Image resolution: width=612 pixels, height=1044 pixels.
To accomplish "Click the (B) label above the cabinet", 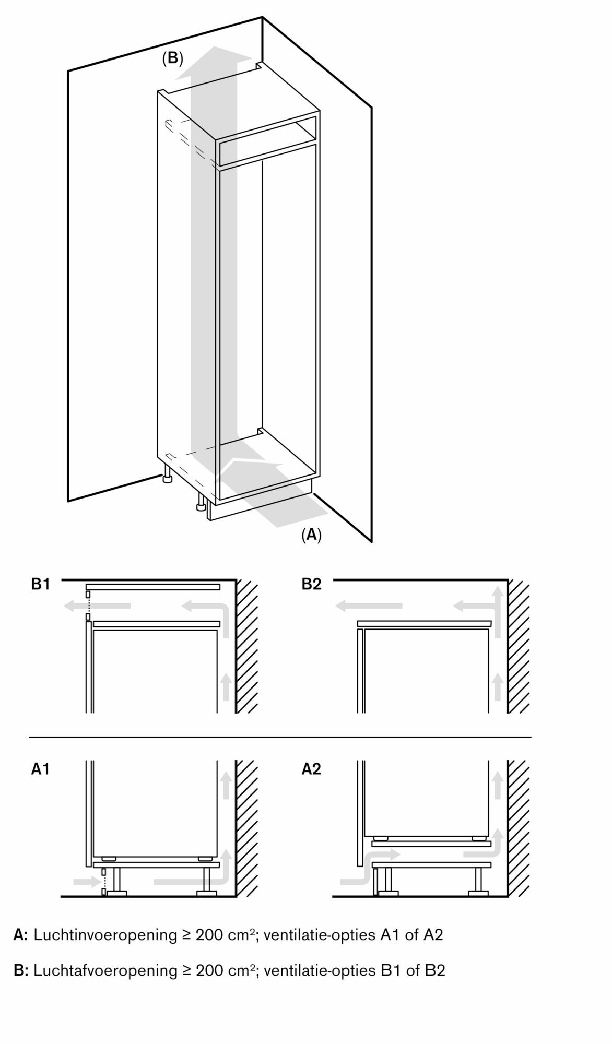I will click(172, 58).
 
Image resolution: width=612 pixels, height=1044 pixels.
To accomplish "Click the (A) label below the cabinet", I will click(311, 535).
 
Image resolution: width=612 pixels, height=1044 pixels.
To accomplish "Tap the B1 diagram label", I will click(41, 584).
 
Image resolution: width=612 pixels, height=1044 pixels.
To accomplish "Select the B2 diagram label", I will click(311, 584).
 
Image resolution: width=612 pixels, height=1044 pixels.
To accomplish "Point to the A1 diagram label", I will click(41, 769).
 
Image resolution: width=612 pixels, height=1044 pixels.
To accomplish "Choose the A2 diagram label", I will click(311, 769).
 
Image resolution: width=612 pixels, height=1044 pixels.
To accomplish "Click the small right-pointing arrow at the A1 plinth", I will click(87, 882).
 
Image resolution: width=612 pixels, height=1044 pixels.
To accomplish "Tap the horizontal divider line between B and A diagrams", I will click(280, 737).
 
